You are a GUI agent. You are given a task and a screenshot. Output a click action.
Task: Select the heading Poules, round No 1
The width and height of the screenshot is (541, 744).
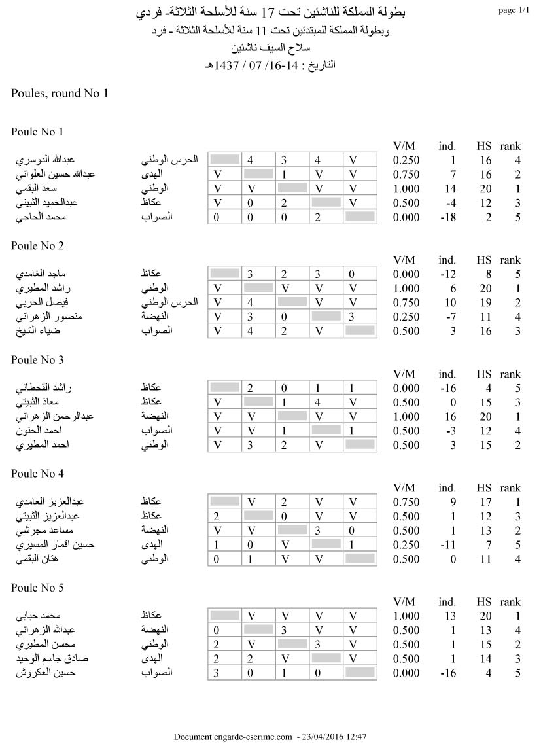[60, 94]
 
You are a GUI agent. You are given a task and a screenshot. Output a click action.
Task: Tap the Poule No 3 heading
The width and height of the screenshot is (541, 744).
[37, 360]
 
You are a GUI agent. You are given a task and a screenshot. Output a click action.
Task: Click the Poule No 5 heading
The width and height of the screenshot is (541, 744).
[37, 588]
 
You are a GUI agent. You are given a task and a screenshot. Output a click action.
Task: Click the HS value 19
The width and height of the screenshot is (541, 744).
[484, 302]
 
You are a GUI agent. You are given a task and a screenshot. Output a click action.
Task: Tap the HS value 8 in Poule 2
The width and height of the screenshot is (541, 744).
[487, 274]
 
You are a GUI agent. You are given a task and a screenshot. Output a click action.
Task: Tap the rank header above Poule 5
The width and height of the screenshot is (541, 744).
[510, 602]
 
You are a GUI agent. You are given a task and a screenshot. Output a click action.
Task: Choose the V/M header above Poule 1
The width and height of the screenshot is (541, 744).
[404, 146]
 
